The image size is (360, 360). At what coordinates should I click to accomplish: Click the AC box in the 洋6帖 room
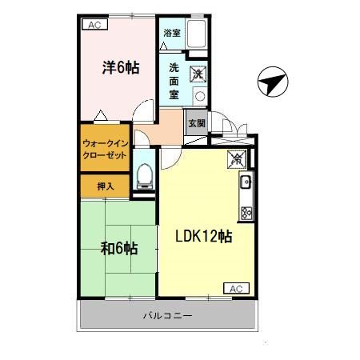[x=94, y=25]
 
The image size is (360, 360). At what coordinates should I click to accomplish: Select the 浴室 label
[x=171, y=33]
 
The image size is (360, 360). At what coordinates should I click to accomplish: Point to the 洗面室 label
[x=174, y=80]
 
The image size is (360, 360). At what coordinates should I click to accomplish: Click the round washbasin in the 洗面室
[x=199, y=95]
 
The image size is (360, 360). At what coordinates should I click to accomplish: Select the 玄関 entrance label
[x=196, y=123]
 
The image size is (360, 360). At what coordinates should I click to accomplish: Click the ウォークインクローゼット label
[x=105, y=150]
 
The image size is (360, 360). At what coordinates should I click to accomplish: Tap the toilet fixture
[x=145, y=174]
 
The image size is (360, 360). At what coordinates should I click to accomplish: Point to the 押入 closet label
[x=106, y=186]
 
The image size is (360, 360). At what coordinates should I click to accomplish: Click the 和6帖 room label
[x=119, y=248]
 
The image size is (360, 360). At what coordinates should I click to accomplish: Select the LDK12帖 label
[x=204, y=238]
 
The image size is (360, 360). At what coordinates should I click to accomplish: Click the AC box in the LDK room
[x=235, y=288]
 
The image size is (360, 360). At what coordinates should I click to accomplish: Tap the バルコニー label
[x=168, y=315]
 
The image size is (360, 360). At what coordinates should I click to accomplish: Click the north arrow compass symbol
[x=273, y=82]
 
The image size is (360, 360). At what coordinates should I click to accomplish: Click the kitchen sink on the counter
[x=246, y=183]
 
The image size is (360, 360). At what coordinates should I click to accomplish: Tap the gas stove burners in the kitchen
[x=246, y=212]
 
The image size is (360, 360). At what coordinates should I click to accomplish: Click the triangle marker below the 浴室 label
[x=164, y=48]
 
